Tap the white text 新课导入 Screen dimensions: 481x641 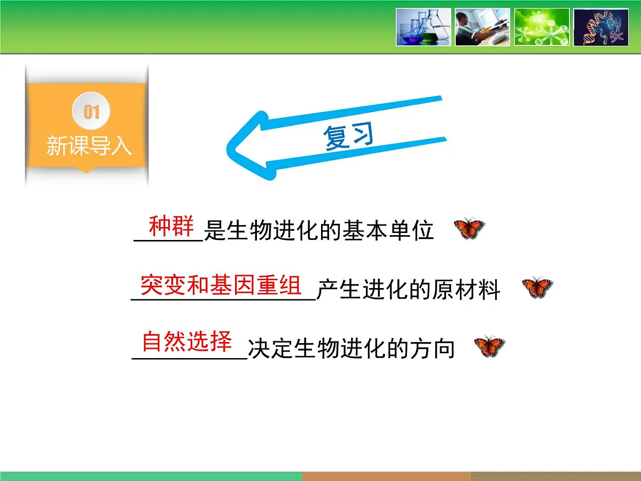[89, 145]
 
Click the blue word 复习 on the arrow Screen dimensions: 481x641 [348, 137]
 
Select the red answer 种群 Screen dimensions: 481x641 [171, 227]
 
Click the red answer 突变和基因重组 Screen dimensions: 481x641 [221, 285]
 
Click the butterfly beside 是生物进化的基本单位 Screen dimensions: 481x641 [469, 229]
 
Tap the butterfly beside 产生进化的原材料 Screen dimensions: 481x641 [537, 288]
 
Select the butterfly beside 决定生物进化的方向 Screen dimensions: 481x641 [489, 347]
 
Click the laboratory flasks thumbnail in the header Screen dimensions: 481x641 [424, 27]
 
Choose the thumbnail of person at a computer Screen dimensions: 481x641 [482, 27]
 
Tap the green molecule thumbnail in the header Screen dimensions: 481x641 [542, 27]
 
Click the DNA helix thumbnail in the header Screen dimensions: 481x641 [601, 27]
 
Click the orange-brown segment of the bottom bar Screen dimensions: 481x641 [386, 476]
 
